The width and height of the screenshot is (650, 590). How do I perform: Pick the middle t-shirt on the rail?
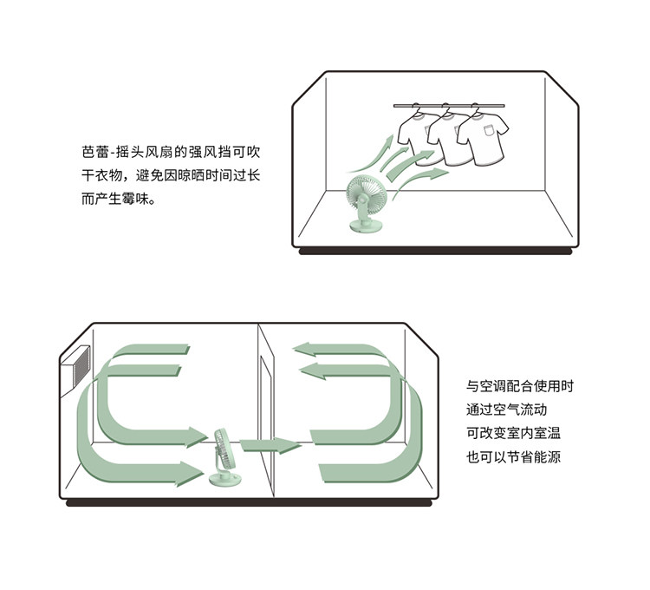[447, 139]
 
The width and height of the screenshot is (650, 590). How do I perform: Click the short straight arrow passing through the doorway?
[270, 446]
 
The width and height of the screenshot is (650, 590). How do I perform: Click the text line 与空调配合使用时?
[520, 386]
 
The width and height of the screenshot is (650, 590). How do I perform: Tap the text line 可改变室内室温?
[514, 432]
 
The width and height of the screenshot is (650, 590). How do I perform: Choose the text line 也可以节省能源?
[514, 456]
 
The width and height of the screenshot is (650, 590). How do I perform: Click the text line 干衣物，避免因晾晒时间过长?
[170, 174]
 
